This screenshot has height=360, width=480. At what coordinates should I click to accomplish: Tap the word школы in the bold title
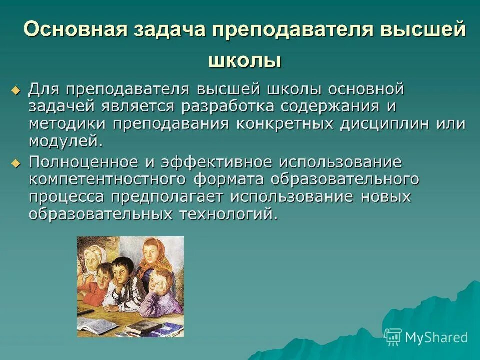click(244, 60)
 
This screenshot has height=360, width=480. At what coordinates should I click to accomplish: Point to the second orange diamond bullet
click(16, 162)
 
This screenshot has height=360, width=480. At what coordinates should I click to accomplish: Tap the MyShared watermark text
click(436, 337)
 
